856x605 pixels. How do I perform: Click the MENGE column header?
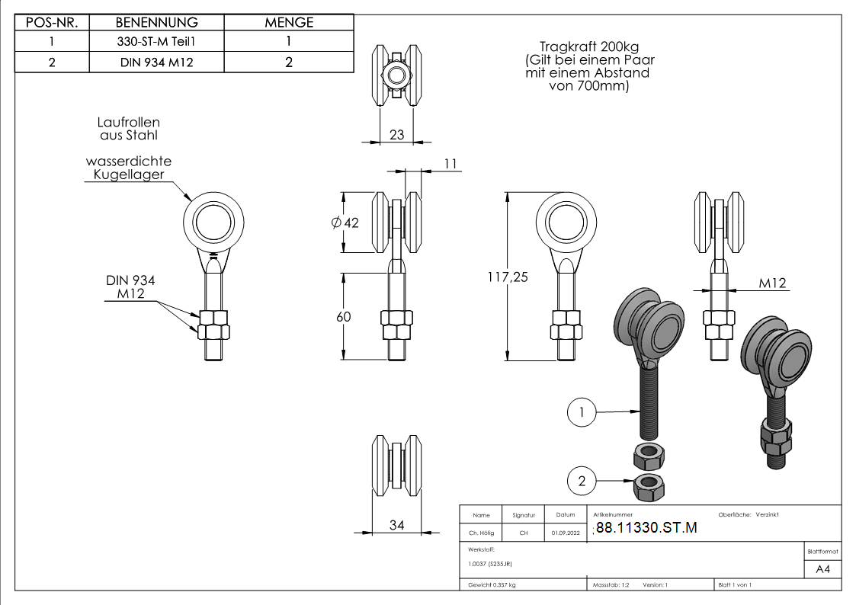click(289, 23)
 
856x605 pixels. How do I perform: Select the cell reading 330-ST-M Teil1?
click(156, 43)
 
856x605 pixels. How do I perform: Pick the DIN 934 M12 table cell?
click(156, 62)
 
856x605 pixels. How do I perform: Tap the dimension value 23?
click(397, 135)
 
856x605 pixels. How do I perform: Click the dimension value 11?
click(450, 164)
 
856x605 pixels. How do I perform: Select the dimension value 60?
click(344, 316)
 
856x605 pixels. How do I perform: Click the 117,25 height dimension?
click(508, 277)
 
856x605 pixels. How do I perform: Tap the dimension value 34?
click(397, 524)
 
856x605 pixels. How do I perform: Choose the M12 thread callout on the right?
click(772, 283)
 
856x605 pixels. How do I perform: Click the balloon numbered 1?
click(582, 412)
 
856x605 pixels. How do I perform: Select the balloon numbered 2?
click(582, 480)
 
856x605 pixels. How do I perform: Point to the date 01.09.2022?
click(566, 533)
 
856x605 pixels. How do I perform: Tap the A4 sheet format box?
click(822, 569)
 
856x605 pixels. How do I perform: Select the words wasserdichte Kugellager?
click(129, 168)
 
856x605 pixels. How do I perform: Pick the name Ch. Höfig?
click(481, 533)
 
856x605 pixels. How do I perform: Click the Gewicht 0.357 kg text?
click(492, 584)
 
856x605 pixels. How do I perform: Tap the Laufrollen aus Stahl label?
click(129, 128)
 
